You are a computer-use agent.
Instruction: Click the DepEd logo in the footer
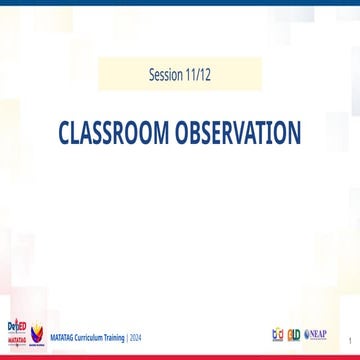[15, 326]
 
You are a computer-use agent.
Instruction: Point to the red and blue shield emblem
[38, 333]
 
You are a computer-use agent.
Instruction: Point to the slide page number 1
[349, 339]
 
